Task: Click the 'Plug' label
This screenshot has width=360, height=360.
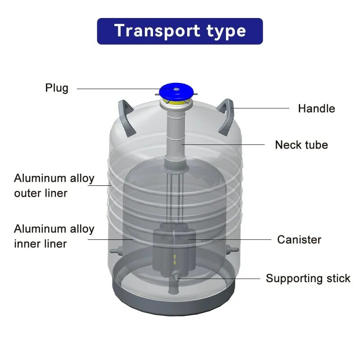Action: coord(57,87)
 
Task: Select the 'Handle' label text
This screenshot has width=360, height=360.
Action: coord(316,108)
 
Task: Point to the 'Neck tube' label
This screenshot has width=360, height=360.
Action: coord(301,145)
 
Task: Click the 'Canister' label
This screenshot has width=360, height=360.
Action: coord(299,239)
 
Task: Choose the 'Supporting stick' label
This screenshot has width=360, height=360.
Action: coord(308,278)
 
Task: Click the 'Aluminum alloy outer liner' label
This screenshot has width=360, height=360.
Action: coord(54,185)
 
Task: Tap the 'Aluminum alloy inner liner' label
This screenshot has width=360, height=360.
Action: coord(54,236)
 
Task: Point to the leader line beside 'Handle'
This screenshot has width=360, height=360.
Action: coord(261,108)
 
